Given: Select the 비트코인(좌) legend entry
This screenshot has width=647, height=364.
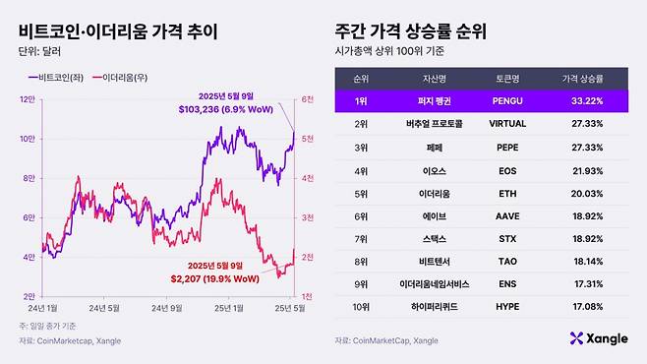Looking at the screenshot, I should (59, 76).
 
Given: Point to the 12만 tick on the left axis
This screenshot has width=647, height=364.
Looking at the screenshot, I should (28, 98).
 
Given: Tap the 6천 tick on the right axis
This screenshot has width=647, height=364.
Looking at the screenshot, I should (307, 98).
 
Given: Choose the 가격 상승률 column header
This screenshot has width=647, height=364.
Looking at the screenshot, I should (582, 77).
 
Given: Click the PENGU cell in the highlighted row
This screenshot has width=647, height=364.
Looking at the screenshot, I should (498, 100).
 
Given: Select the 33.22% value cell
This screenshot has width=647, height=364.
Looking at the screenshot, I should (585, 100).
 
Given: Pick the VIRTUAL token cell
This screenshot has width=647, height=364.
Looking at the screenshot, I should (498, 125).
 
